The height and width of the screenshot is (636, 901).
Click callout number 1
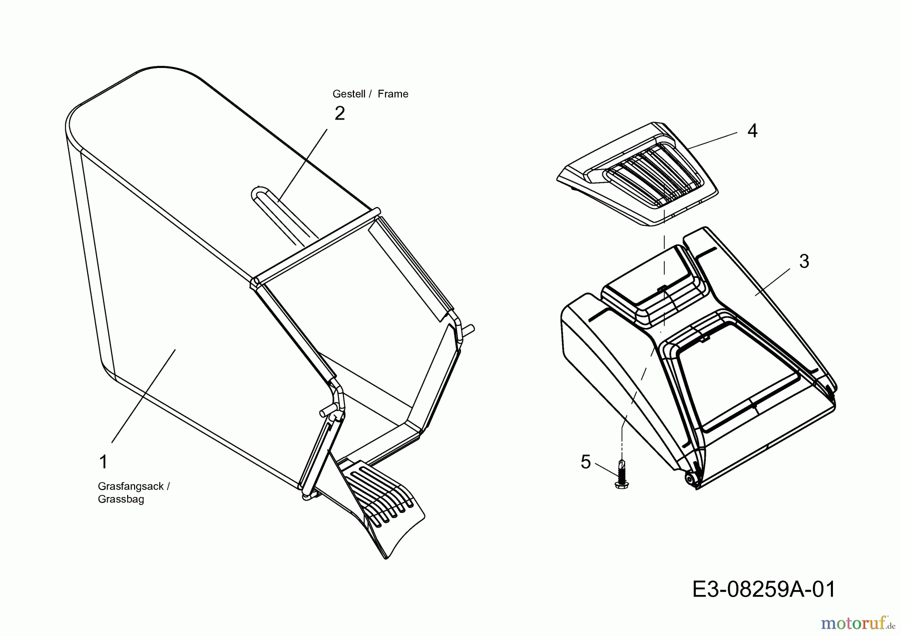click(104, 462)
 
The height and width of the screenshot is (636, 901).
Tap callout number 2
click(340, 114)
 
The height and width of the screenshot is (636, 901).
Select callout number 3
click(804, 261)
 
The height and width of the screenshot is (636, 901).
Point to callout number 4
click(752, 131)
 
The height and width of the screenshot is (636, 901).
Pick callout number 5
click(586, 462)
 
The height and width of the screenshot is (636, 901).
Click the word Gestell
click(348, 94)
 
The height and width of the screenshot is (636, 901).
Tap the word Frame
click(393, 94)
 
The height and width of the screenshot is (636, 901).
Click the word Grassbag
click(121, 499)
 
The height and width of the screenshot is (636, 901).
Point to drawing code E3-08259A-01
click(764, 589)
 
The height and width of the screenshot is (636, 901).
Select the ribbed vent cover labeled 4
click(646, 175)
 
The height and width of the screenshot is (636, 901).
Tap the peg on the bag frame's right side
click(470, 328)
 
